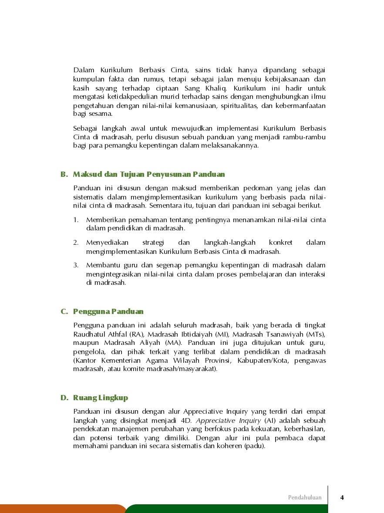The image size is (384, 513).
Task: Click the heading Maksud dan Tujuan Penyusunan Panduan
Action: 149,175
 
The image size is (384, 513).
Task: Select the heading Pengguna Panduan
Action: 108,311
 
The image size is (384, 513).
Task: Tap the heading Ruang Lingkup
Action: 101,398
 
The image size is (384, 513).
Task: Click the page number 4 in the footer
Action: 342,497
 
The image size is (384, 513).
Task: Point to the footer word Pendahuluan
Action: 305,497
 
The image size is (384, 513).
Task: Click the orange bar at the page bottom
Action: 61,509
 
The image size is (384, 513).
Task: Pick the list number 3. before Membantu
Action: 76,265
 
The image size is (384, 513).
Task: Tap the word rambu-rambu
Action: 310,137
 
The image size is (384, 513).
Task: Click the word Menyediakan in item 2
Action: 104,243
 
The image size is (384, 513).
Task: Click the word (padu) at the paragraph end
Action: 255,446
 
